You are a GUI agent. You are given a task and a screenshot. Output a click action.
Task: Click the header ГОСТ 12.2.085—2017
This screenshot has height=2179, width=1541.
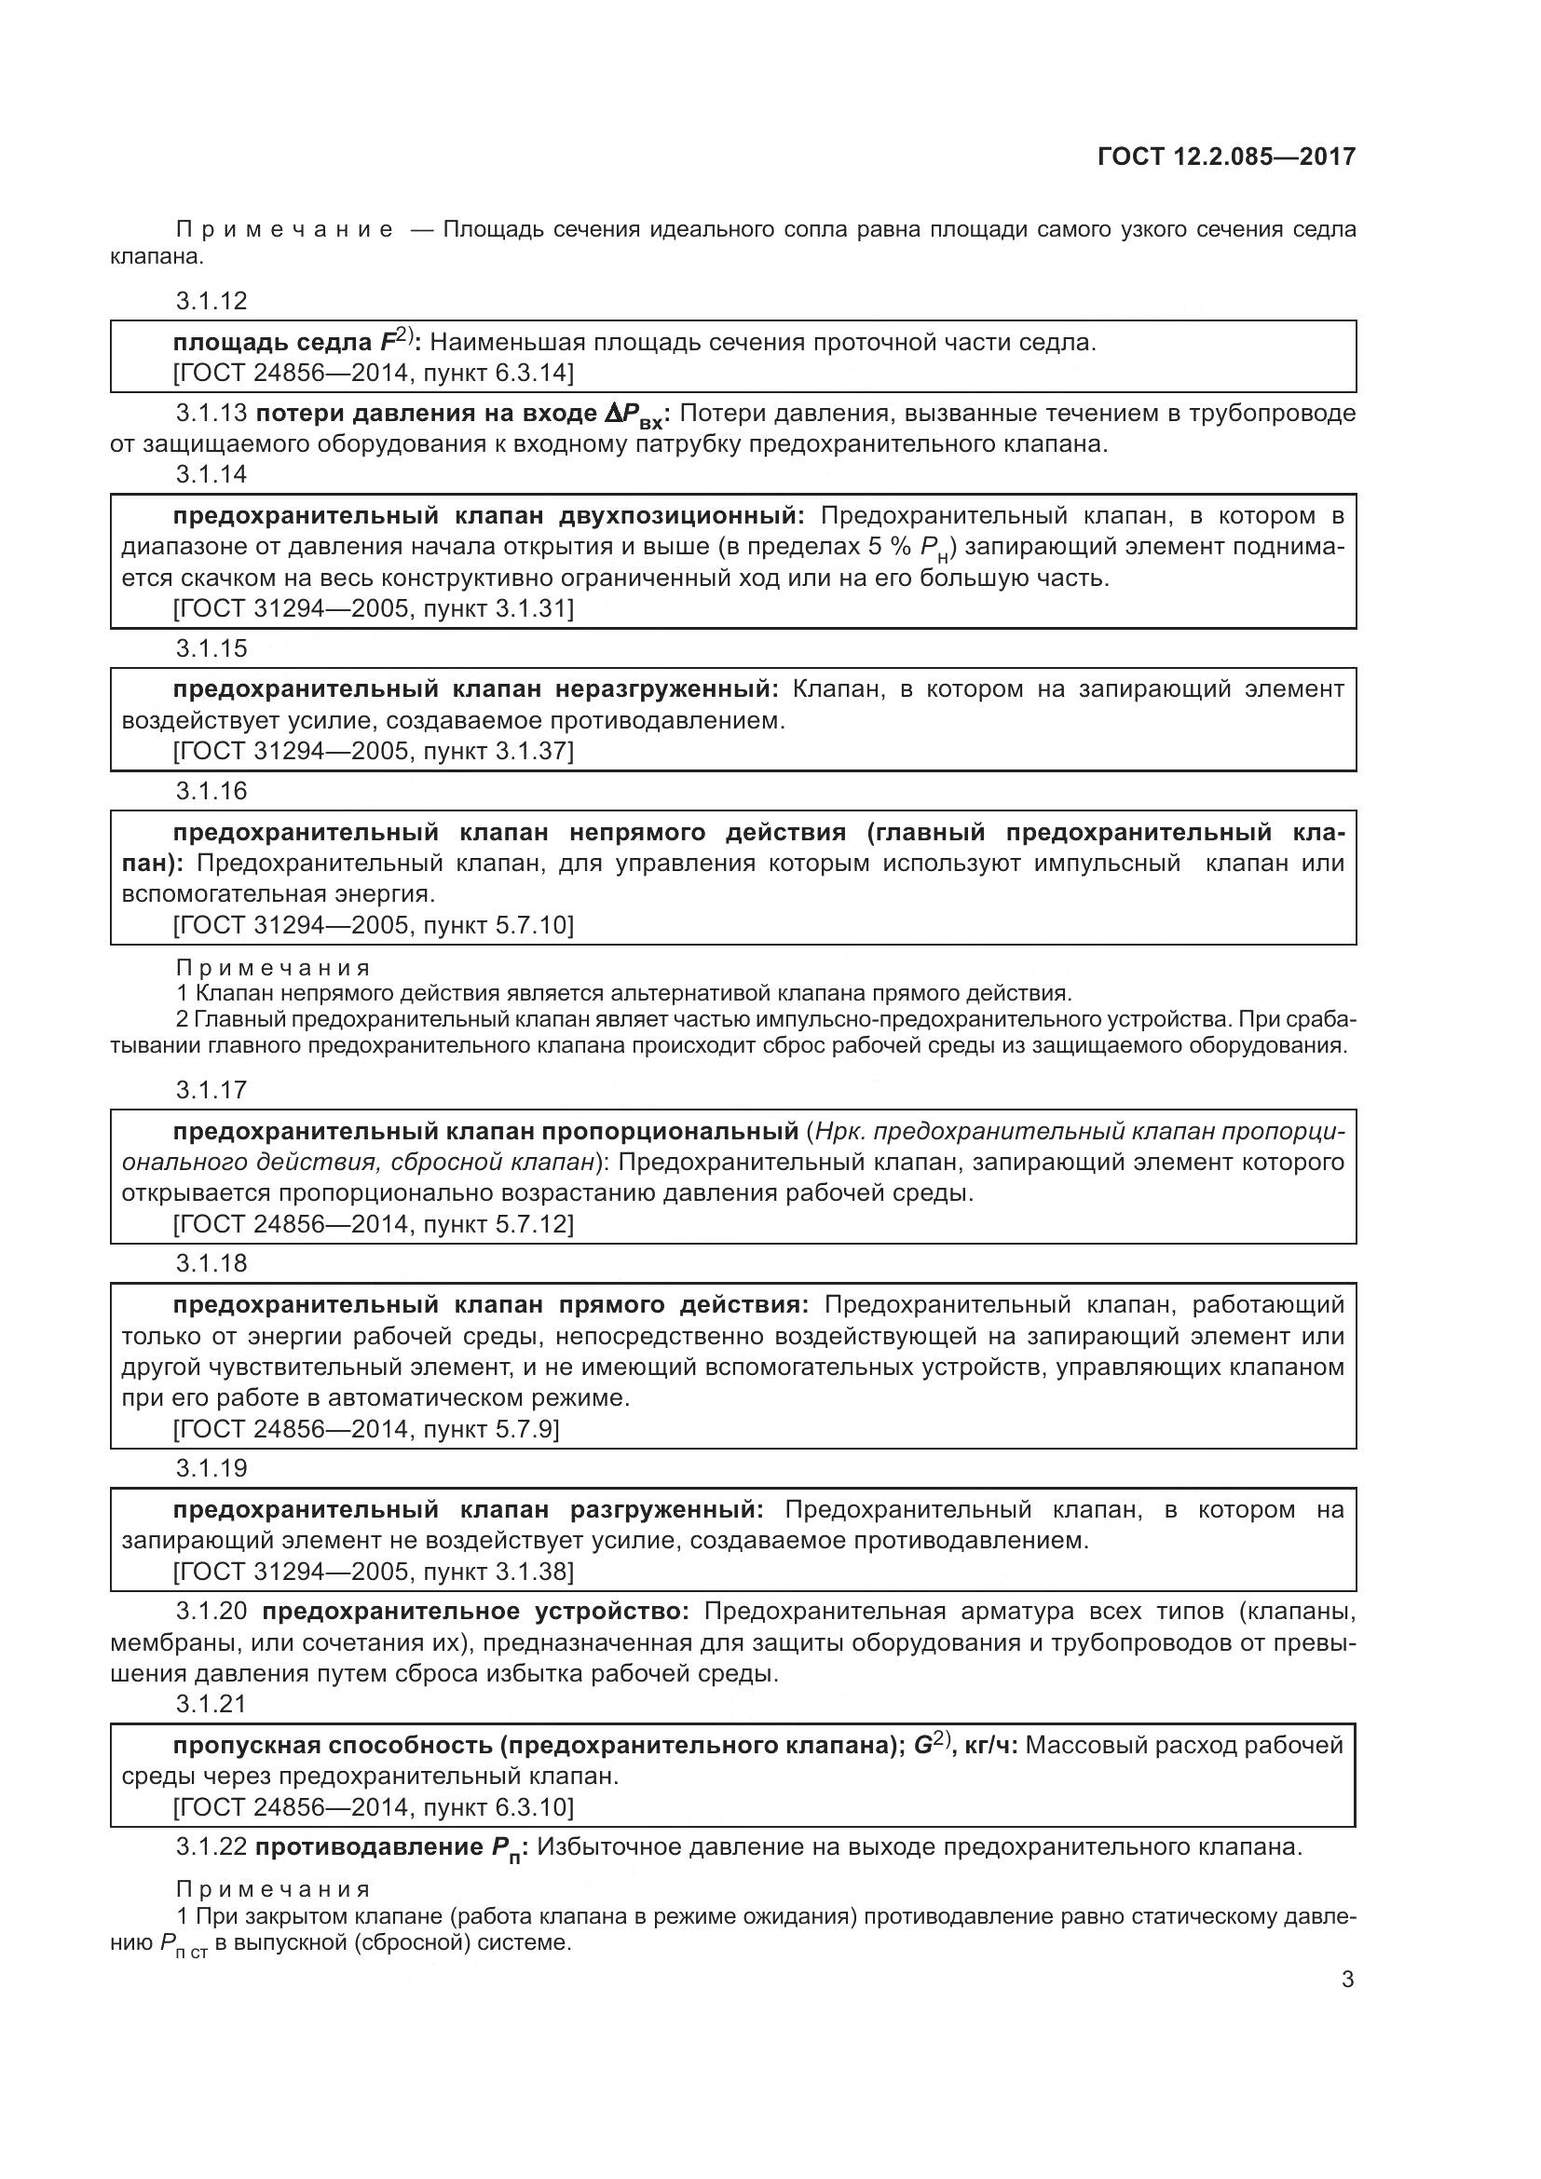pos(1226,157)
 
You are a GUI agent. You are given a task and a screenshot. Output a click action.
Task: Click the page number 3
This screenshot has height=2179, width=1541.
pos(1347,1980)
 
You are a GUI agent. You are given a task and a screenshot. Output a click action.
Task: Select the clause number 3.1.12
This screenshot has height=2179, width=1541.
pos(211,301)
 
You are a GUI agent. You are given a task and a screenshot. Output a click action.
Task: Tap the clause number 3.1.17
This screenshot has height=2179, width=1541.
pos(211,1090)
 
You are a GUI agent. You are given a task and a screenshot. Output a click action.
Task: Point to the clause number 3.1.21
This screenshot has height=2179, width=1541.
pos(211,1704)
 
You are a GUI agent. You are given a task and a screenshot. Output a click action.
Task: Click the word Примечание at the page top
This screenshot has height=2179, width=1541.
pos(285,230)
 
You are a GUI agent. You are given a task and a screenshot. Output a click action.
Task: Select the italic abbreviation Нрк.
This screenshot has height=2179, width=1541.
pos(838,1131)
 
